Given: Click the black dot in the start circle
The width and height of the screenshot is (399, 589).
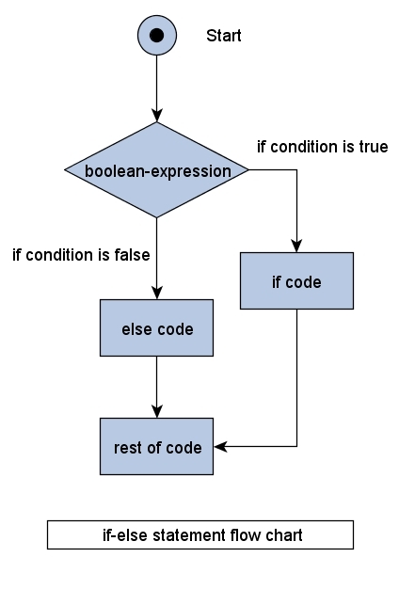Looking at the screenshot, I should tap(157, 36).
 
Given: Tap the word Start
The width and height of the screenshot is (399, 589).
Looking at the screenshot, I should tap(224, 37).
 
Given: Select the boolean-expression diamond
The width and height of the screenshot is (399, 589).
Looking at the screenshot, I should tap(157, 170).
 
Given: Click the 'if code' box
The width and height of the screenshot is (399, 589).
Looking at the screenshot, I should tap(296, 280).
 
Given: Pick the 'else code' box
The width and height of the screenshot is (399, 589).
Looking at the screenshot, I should tap(157, 330).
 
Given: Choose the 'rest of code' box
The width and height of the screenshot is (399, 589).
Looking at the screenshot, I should tap(157, 447).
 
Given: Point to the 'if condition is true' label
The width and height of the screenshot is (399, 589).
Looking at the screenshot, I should tap(322, 147).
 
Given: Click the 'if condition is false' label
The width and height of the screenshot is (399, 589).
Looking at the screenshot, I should tap(81, 254).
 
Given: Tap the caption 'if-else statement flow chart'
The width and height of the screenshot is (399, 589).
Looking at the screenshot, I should tap(200, 534).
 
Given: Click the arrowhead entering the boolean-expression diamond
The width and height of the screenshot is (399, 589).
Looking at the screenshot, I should tap(157, 117).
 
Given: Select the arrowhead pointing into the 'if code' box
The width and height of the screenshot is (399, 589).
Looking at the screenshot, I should tap(296, 247).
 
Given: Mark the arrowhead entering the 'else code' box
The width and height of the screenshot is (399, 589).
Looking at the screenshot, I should tap(157, 295).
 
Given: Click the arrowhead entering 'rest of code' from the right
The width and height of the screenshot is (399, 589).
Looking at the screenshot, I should tap(220, 447).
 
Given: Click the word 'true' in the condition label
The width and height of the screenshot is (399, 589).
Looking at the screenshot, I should tap(374, 147).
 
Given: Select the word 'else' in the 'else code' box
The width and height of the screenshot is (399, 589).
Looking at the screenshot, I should tap(136, 330).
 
